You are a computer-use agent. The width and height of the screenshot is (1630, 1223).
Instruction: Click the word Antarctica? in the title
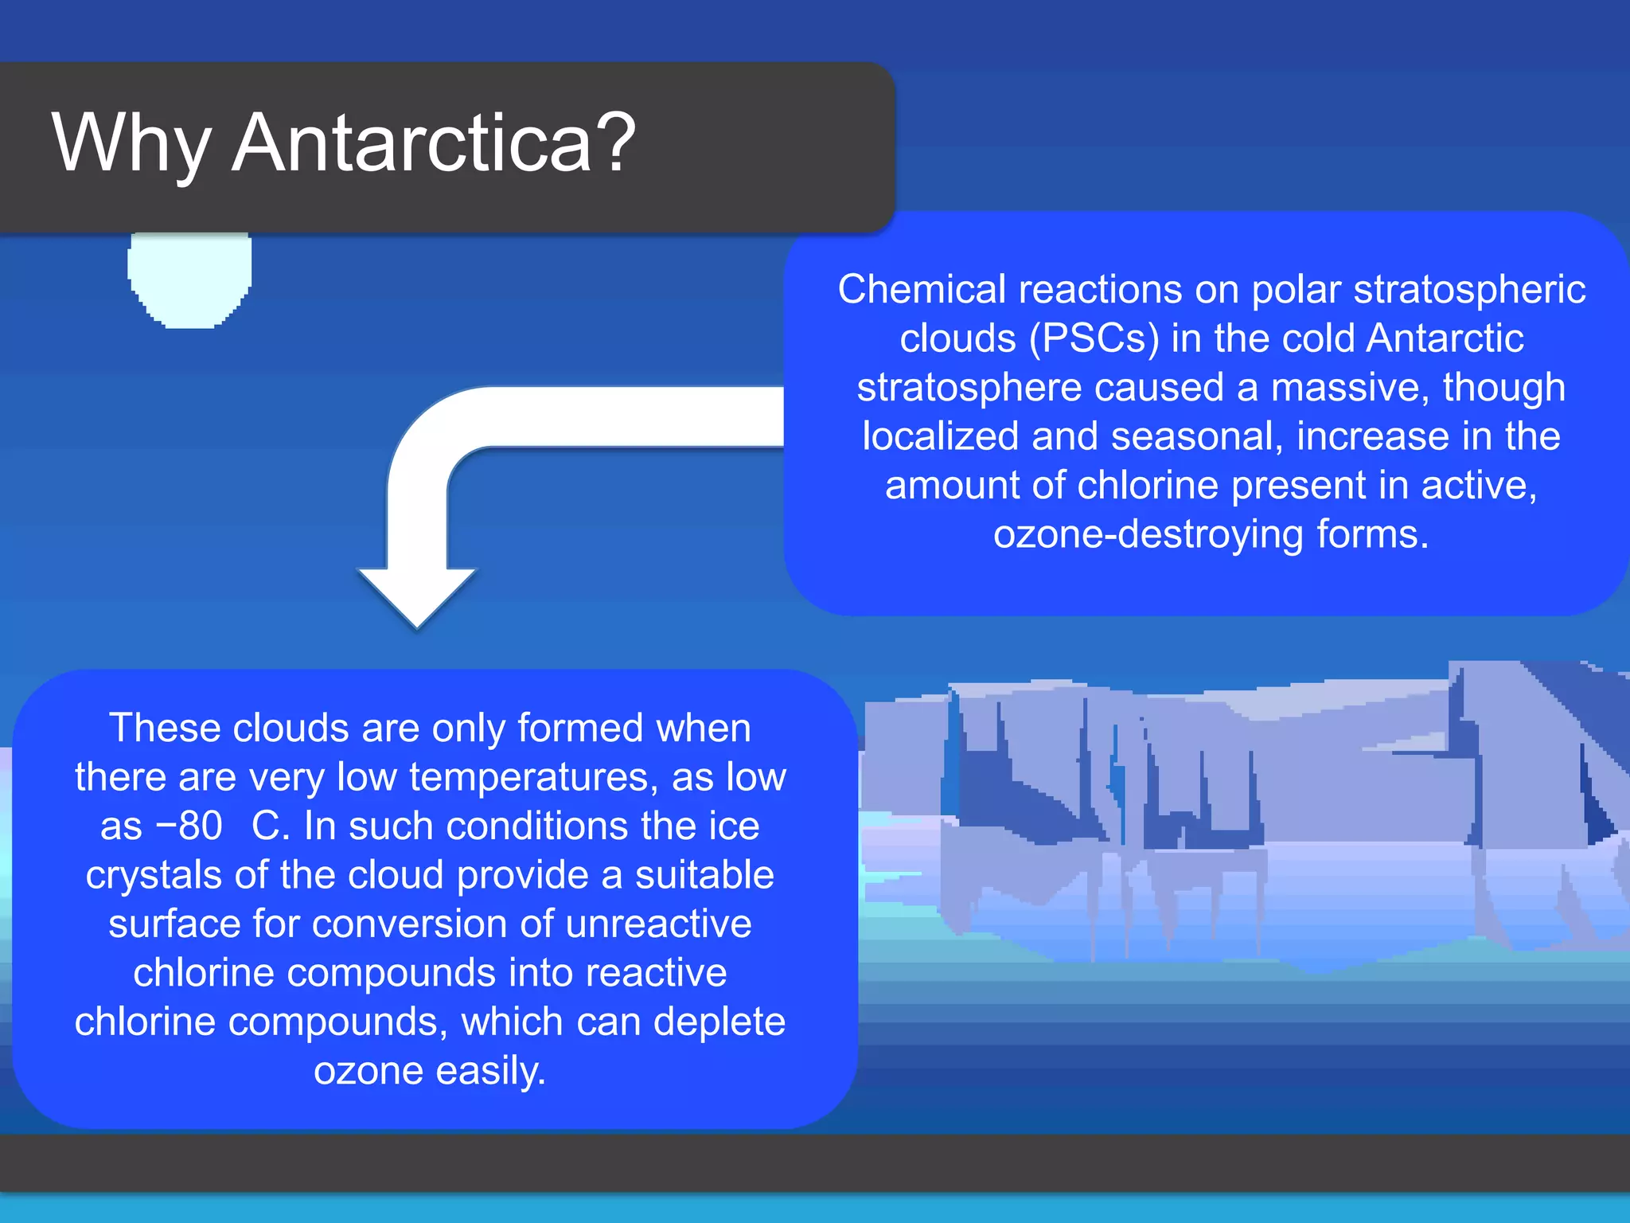click(x=434, y=143)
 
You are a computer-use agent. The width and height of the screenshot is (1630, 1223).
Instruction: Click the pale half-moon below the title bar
click(x=189, y=279)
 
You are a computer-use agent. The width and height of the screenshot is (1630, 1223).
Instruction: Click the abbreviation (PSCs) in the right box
click(x=1094, y=338)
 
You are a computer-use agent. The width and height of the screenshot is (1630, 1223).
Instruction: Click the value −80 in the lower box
click(x=189, y=826)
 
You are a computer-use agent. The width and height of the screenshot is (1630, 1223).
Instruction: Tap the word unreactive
click(x=658, y=924)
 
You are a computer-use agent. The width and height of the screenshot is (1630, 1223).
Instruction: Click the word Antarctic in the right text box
click(x=1445, y=338)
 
